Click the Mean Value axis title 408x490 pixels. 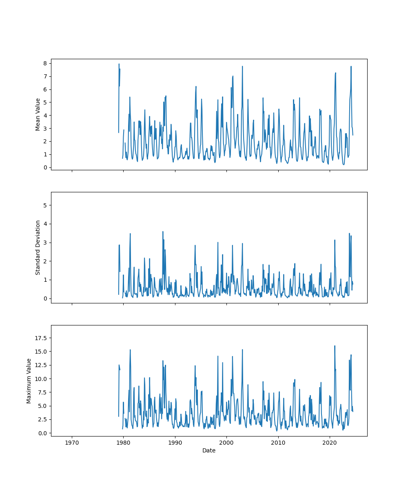click(x=38, y=114)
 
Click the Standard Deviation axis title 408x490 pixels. click(x=38, y=247)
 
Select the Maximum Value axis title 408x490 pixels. click(x=29, y=381)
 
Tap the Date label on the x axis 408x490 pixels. click(x=209, y=450)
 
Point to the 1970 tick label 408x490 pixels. click(x=72, y=442)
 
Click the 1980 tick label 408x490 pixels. click(x=124, y=442)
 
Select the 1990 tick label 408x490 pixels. click(x=175, y=442)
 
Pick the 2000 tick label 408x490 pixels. click(x=226, y=442)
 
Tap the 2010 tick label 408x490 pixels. click(x=278, y=442)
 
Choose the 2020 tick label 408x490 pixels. click(x=330, y=442)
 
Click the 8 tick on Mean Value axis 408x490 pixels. click(x=45, y=63)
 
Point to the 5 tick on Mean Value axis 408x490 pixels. click(x=45, y=102)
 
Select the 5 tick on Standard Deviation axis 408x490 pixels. click(x=45, y=205)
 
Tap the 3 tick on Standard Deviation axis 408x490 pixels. click(x=45, y=243)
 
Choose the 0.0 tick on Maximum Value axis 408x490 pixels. click(x=43, y=433)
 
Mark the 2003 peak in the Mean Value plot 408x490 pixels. click(x=242, y=66)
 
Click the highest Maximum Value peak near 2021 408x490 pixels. click(x=335, y=346)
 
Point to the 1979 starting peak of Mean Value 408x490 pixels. click(x=119, y=64)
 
